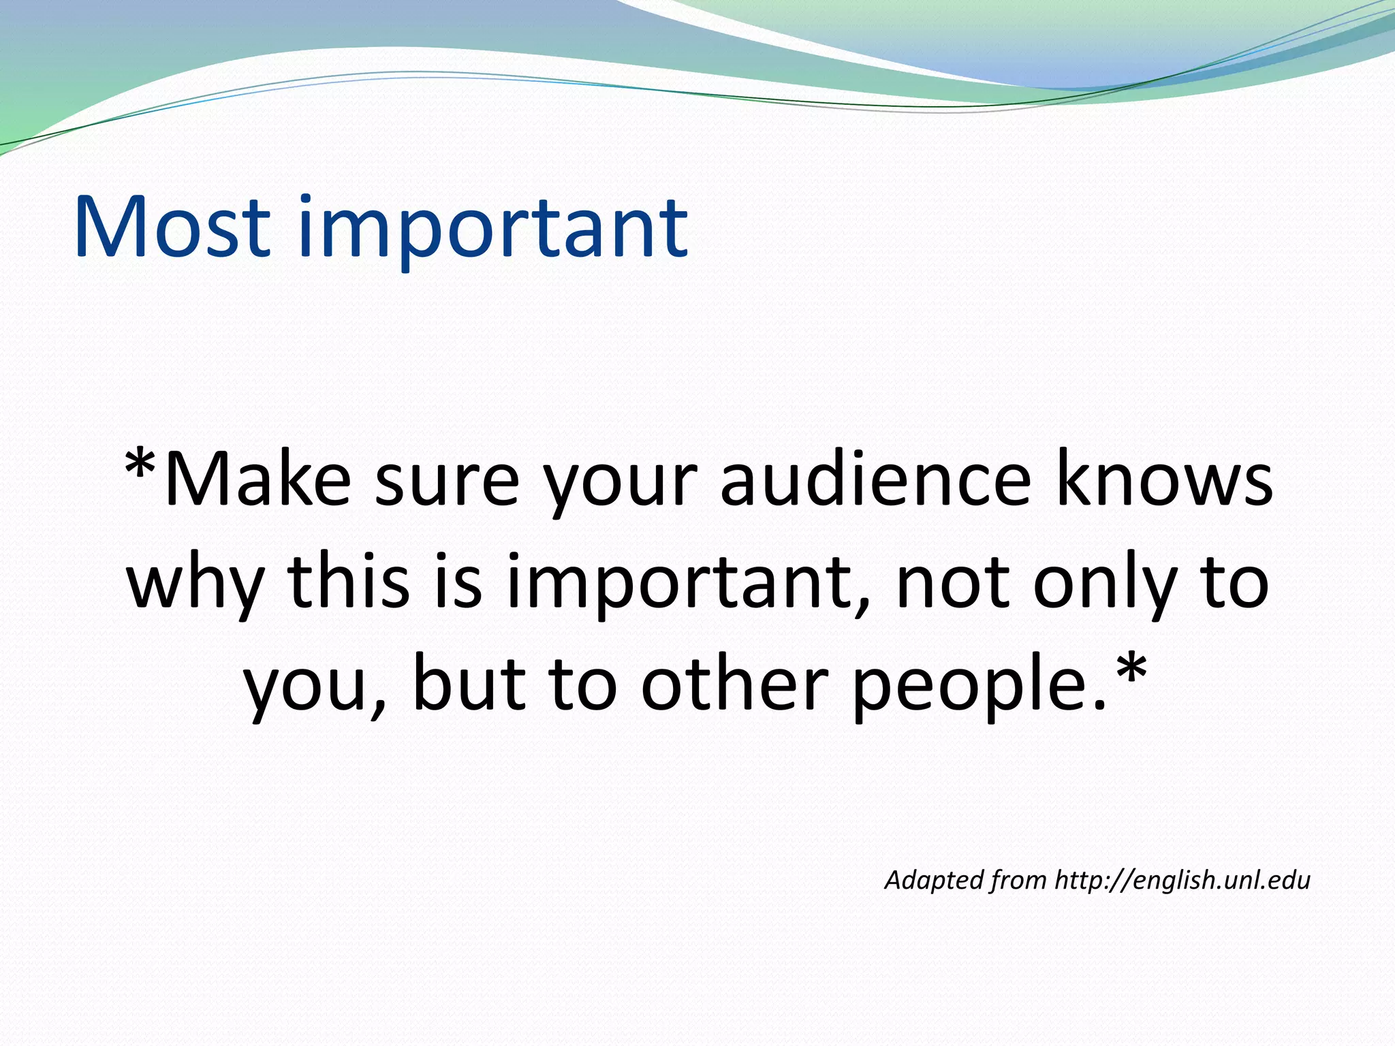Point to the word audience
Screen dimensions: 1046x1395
[876, 480]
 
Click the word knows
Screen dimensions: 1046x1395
[1164, 480]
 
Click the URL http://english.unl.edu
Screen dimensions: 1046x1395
[1182, 880]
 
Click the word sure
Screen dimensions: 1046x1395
[447, 480]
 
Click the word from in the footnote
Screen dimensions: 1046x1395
[1018, 880]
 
